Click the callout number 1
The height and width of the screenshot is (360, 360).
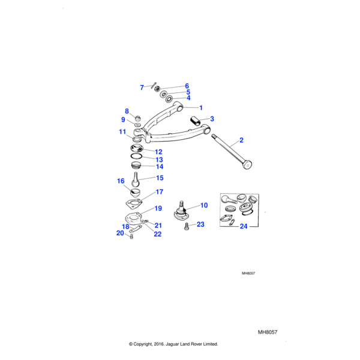[201, 107]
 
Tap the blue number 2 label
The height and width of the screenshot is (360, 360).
[241, 140]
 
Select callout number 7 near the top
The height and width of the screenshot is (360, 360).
[142, 88]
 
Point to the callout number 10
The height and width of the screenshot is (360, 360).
[204, 206]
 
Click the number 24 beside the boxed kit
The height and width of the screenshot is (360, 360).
[243, 227]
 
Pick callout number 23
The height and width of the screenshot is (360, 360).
[200, 224]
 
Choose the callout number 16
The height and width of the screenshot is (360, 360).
[121, 181]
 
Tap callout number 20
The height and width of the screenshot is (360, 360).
[120, 233]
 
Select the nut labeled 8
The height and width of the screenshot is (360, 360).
[136, 115]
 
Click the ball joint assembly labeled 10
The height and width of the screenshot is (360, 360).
[182, 212]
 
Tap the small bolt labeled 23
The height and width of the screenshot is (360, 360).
[187, 226]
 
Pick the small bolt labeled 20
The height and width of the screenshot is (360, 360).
[131, 238]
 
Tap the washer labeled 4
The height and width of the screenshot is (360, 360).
[169, 98]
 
